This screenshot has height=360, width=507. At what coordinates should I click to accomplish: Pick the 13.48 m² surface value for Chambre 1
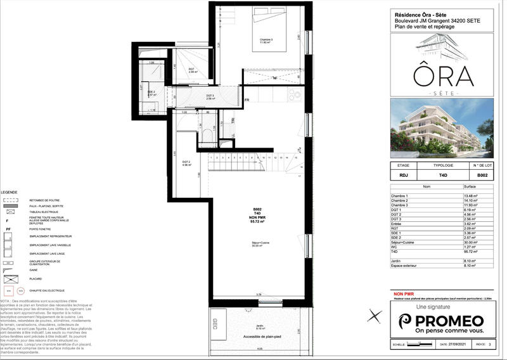(x=472, y=196)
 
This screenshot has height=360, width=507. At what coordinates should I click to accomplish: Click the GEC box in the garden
(x=217, y=324)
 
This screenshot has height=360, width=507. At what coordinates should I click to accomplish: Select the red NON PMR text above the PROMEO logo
(x=403, y=295)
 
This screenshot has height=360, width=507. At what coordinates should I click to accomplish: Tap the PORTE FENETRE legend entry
(x=39, y=229)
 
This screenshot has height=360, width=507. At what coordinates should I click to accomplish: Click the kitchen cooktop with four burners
(x=295, y=95)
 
